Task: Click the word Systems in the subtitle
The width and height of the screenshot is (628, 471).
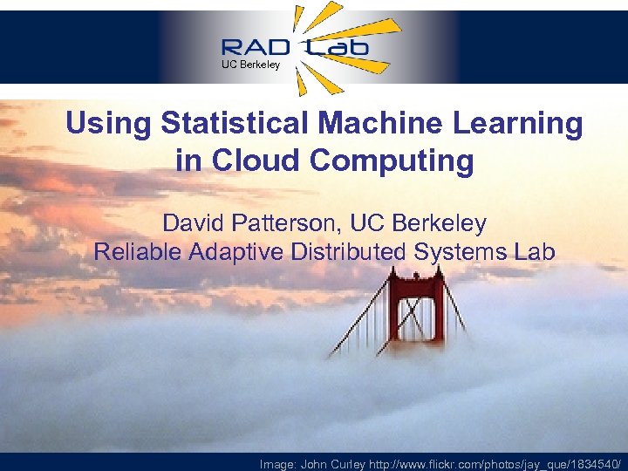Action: pos(463,252)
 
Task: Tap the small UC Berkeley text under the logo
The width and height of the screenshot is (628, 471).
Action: pos(250,65)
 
